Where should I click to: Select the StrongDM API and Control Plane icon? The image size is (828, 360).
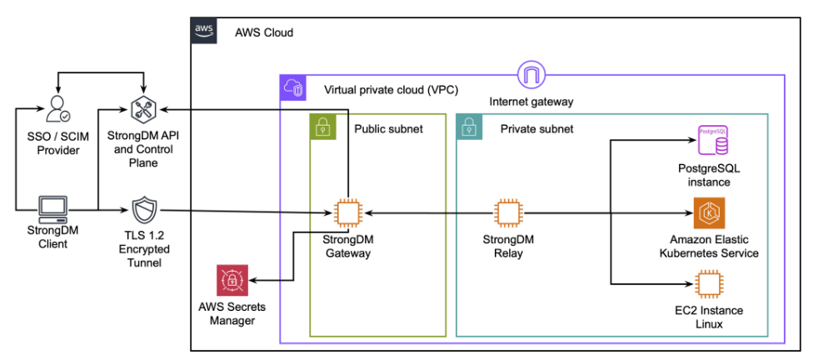[x=144, y=109]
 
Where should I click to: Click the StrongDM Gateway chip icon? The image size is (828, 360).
[x=347, y=213]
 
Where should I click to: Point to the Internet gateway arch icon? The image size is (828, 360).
[x=531, y=76]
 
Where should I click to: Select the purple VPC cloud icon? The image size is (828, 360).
[x=293, y=87]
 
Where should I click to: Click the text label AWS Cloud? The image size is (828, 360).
[x=264, y=32]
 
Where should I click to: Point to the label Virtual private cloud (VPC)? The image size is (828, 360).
[x=391, y=89]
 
